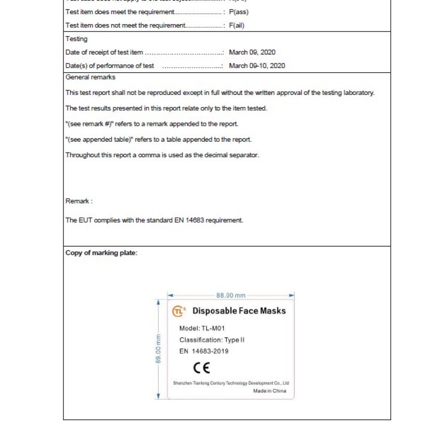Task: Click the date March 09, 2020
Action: click(x=252, y=52)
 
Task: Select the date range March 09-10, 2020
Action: click(x=257, y=66)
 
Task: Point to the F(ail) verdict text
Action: click(x=237, y=25)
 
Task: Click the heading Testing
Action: click(x=76, y=39)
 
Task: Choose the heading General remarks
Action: click(x=90, y=77)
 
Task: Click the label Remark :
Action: click(x=79, y=201)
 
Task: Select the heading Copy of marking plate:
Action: click(x=101, y=253)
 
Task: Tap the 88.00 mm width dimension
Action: click(x=231, y=296)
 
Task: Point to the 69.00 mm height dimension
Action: click(x=158, y=348)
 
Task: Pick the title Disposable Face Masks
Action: click(x=239, y=311)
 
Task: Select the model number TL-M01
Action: click(x=202, y=329)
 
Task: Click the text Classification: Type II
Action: click(x=212, y=340)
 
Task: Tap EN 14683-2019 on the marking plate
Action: click(x=204, y=351)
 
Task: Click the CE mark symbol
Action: click(x=201, y=368)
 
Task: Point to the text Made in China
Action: click(x=269, y=391)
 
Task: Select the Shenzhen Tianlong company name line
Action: click(x=231, y=383)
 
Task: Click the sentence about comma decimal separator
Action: click(x=162, y=155)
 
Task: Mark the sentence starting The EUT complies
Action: click(x=154, y=220)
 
